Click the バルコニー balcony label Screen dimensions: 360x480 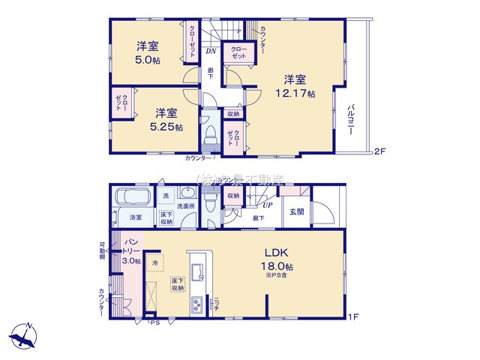click(350, 119)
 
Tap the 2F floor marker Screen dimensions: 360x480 click(379, 152)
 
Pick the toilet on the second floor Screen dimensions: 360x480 click(210, 136)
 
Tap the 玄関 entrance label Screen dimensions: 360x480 click(298, 211)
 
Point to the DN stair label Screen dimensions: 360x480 click(212, 52)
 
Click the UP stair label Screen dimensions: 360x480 click(266, 205)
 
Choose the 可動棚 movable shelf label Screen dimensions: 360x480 click(103, 249)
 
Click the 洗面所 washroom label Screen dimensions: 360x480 click(186, 205)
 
